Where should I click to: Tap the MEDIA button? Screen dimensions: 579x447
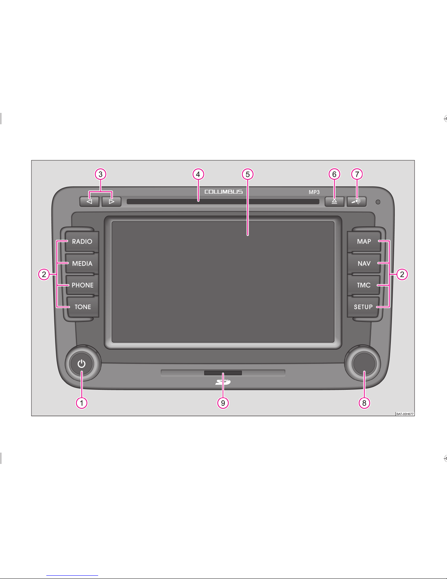click(82, 263)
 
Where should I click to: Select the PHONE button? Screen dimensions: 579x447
click(82, 285)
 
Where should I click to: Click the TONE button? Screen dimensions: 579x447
click(82, 307)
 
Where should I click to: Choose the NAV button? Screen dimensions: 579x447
click(364, 263)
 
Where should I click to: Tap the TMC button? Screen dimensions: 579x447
click(363, 285)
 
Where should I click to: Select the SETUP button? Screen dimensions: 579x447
click(363, 307)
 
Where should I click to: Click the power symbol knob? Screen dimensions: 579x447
click(81, 364)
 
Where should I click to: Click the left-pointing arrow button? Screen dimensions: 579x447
click(89, 201)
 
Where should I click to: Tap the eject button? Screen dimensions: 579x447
click(334, 201)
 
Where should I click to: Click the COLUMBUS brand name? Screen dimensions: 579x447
click(223, 192)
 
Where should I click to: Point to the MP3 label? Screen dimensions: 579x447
click(314, 192)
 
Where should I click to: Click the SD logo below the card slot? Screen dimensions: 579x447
click(223, 382)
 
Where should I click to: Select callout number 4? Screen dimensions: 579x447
click(198, 174)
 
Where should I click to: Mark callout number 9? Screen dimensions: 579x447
click(223, 403)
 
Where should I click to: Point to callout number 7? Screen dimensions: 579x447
click(357, 174)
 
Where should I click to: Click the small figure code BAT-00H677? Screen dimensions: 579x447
click(405, 414)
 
